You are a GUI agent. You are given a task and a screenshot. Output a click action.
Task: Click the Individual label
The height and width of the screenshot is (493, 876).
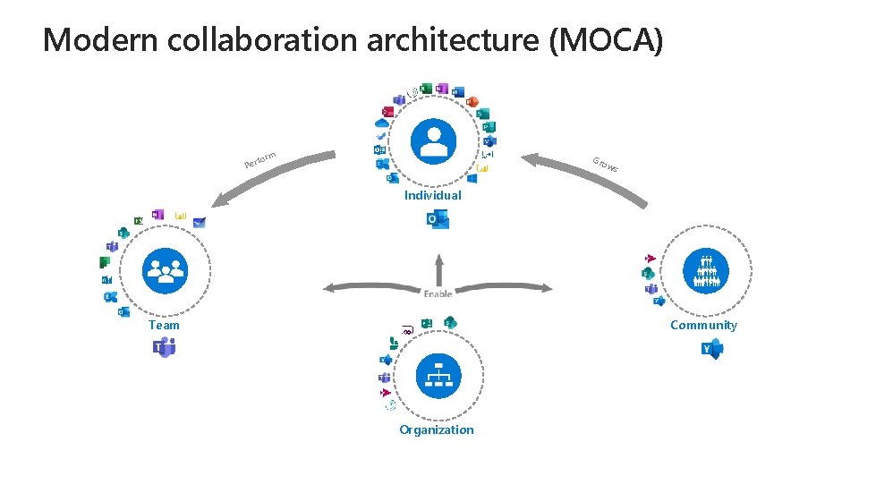point(433,195)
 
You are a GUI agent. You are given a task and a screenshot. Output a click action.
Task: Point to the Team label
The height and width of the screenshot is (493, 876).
point(164,325)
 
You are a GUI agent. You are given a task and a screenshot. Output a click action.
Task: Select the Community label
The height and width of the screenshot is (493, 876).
point(703,325)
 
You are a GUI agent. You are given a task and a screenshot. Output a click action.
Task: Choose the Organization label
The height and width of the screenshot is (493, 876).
point(437,429)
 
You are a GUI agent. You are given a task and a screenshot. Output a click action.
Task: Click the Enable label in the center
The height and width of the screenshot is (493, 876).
point(438,293)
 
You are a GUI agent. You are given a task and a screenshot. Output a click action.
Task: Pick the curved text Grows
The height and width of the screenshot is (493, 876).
point(606,165)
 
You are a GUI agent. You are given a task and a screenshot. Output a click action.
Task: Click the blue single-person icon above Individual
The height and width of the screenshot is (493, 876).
point(433,141)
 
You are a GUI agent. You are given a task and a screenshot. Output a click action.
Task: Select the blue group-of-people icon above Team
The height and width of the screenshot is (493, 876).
point(166,268)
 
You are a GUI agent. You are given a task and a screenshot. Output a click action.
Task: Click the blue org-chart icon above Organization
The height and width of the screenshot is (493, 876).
point(438,375)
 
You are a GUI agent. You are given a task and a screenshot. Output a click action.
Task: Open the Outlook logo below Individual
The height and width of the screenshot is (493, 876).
point(438,218)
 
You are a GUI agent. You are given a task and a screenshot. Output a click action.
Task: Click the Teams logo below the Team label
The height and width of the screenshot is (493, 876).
point(164,347)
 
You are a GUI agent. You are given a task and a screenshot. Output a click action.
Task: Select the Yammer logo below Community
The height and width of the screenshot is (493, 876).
point(712,348)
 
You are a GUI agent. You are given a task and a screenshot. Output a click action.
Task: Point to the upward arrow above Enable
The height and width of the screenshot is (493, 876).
point(438,269)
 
